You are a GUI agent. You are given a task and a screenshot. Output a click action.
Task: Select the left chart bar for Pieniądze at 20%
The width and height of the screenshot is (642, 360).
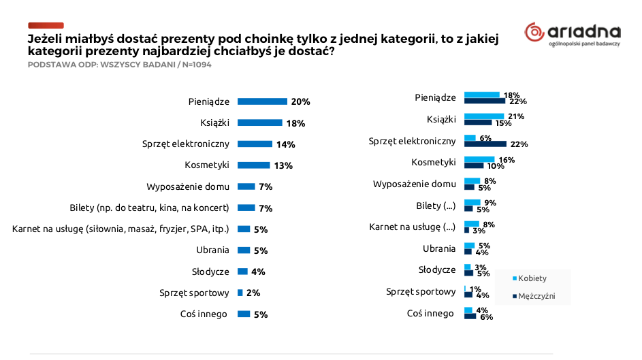[x=262, y=101]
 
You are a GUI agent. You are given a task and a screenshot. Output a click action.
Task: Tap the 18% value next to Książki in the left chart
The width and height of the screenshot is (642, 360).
[x=295, y=123]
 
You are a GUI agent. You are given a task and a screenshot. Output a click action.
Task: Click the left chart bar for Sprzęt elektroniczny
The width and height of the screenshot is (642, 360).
[x=255, y=144]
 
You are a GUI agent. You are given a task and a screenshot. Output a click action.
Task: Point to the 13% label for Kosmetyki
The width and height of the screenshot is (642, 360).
[x=283, y=165]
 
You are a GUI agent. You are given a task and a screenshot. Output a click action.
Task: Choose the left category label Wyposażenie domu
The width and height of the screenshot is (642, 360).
[x=188, y=186]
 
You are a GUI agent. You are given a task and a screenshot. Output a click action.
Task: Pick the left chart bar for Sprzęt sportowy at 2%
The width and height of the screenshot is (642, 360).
[x=240, y=293]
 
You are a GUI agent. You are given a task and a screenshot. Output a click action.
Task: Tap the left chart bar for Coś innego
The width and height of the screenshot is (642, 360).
[x=243, y=314]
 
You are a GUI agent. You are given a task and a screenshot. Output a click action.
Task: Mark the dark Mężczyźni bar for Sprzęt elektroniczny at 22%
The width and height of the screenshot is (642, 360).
[x=485, y=144]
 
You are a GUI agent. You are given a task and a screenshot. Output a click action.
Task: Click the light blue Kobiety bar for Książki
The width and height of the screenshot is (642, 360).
[x=484, y=116]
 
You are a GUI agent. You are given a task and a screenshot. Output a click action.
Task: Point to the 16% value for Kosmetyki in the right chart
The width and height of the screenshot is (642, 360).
[x=507, y=160]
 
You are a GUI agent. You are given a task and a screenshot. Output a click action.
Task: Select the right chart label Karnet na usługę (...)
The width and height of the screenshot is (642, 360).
[x=412, y=227]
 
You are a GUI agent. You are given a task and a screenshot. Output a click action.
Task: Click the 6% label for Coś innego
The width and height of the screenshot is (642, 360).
[x=486, y=316]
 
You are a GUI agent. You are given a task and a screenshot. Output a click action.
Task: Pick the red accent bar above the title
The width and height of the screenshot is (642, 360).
[x=46, y=25]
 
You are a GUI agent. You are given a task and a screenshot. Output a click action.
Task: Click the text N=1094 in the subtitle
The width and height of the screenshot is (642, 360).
[x=195, y=65]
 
